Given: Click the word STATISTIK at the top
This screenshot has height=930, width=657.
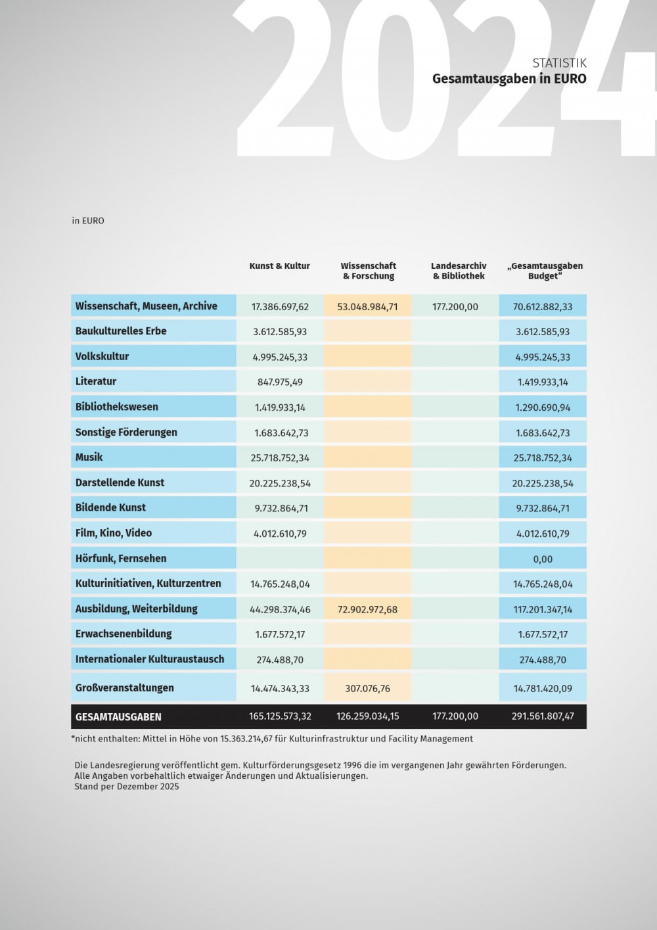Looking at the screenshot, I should pos(559,63).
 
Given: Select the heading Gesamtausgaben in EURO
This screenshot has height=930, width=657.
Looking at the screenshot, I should pos(509,79).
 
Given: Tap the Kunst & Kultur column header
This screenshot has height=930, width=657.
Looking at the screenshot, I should pos(279,266).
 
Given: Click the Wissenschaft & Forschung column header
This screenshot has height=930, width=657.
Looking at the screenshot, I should pos(368,271).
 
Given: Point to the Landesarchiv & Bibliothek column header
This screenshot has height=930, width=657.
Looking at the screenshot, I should pos(459,271).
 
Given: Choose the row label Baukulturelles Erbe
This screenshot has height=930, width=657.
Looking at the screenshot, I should pos(121,331).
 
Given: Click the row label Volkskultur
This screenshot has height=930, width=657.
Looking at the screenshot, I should pos(102,357).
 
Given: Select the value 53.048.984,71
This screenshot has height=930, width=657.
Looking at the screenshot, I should pos(367,307).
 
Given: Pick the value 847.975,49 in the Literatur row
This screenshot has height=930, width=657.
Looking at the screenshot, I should pos(280,383).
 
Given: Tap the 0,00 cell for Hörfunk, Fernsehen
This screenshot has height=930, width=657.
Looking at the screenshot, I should pos(543,559).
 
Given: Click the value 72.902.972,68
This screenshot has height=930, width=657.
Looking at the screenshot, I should pos(367,610).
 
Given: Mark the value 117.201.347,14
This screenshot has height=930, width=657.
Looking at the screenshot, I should pos(543,610).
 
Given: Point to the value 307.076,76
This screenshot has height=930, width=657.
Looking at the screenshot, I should pos(367,689).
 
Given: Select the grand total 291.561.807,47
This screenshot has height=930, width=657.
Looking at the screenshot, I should pos(543,716).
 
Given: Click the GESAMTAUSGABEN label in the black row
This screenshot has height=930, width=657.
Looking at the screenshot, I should pos(118,717).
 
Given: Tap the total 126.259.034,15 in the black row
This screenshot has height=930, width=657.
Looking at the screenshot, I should pos(367,716).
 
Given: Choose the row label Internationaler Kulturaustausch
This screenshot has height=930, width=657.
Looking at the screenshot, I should pos(150,659).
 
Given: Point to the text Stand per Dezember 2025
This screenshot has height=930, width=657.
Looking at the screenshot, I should pos(127,787).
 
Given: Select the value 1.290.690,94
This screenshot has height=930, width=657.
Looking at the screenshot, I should pos(543,407).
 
